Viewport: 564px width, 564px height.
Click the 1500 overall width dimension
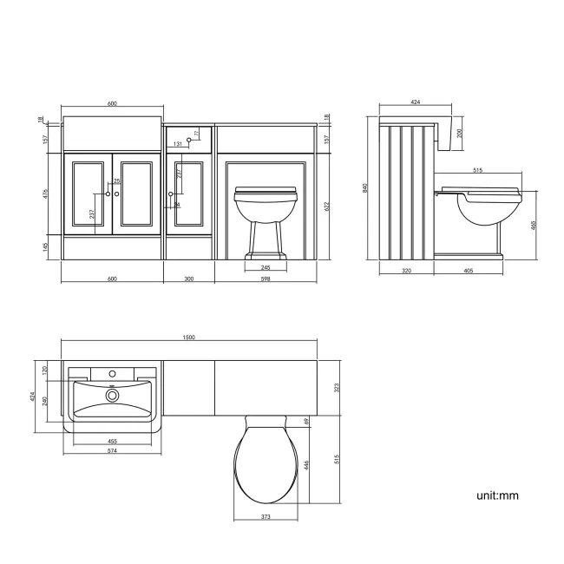click(x=189, y=338)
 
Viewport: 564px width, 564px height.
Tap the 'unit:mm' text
click(x=497, y=495)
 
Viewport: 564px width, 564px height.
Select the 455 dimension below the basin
click(x=112, y=440)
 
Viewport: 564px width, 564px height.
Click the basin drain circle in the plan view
click(x=111, y=396)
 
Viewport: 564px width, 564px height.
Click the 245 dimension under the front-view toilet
click(x=266, y=267)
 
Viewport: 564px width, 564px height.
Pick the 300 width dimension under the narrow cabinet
click(x=189, y=279)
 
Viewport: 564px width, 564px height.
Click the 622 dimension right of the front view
click(x=326, y=206)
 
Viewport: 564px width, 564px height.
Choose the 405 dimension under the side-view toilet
click(x=467, y=271)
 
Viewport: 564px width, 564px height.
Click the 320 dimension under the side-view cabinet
click(x=407, y=271)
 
